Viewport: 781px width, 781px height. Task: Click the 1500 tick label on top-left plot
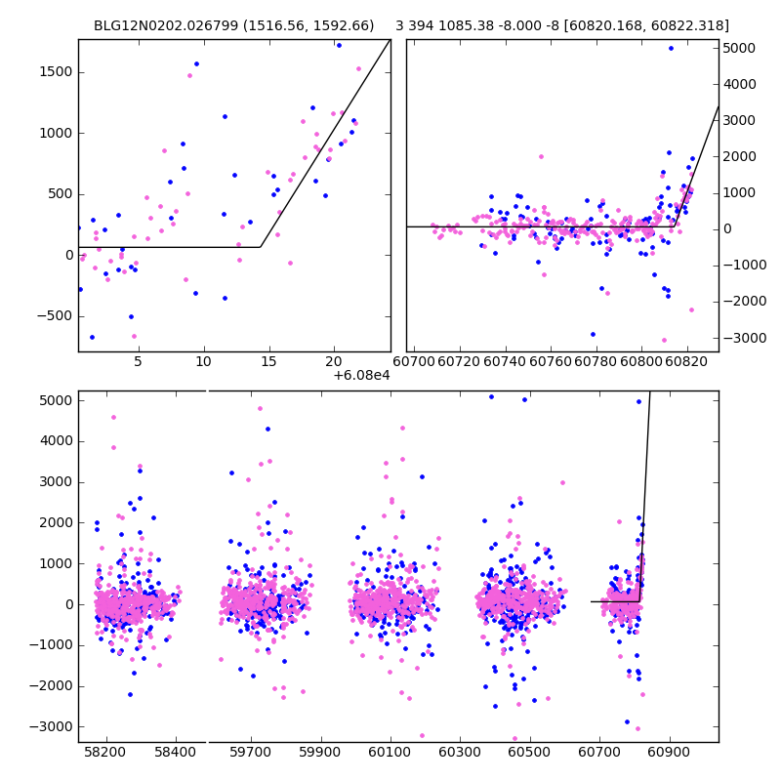tap(55, 72)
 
